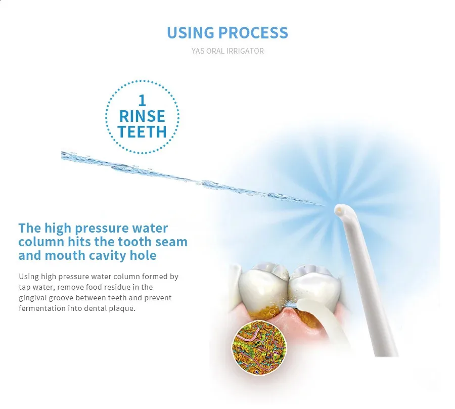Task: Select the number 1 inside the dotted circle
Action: coord(142,101)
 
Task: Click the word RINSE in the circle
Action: coord(142,116)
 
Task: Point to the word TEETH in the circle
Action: coord(142,132)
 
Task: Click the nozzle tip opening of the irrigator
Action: coord(338,211)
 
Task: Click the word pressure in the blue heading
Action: coord(102,229)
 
